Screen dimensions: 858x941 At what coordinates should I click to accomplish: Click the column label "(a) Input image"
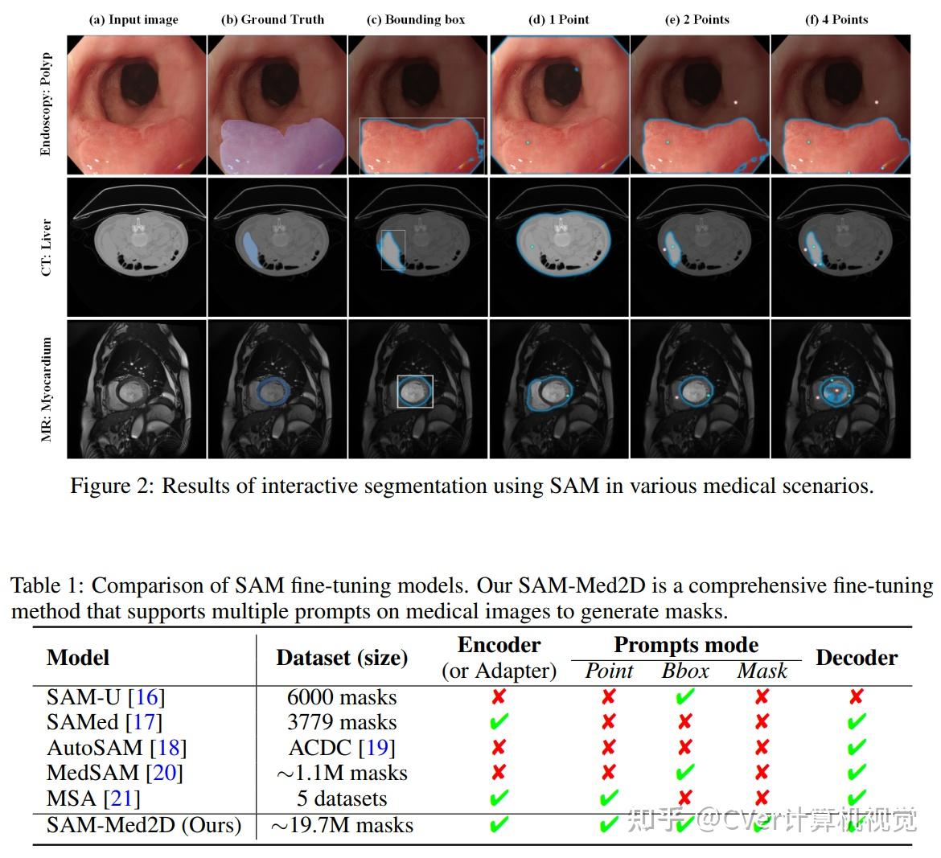tap(134, 19)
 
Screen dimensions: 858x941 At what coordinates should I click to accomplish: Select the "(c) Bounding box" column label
tap(416, 19)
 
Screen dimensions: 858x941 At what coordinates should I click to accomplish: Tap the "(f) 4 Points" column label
tap(836, 19)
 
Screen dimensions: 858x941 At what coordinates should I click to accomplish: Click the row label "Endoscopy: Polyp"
tap(46, 104)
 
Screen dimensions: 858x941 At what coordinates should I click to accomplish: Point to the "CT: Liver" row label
tap(46, 247)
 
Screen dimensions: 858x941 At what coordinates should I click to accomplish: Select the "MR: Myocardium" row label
tap(46, 389)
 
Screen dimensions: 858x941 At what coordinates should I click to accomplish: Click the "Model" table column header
tap(78, 657)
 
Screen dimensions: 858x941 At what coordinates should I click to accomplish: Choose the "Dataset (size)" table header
tap(342, 657)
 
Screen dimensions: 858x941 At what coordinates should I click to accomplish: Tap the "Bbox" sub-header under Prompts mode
tap(685, 671)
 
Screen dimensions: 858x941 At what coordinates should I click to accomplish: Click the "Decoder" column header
tap(857, 657)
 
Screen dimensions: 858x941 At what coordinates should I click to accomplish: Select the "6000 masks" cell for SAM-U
tap(342, 697)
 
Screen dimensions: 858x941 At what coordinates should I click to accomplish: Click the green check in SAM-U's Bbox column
tap(685, 696)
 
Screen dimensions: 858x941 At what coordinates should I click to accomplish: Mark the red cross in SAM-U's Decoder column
tap(857, 696)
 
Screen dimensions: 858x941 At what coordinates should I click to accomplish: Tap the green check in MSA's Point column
tap(609, 798)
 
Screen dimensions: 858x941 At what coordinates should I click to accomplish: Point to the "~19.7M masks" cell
tap(342, 825)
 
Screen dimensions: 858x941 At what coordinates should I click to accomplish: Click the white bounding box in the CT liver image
tap(393, 250)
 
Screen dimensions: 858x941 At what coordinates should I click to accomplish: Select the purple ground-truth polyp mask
tap(273, 145)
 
